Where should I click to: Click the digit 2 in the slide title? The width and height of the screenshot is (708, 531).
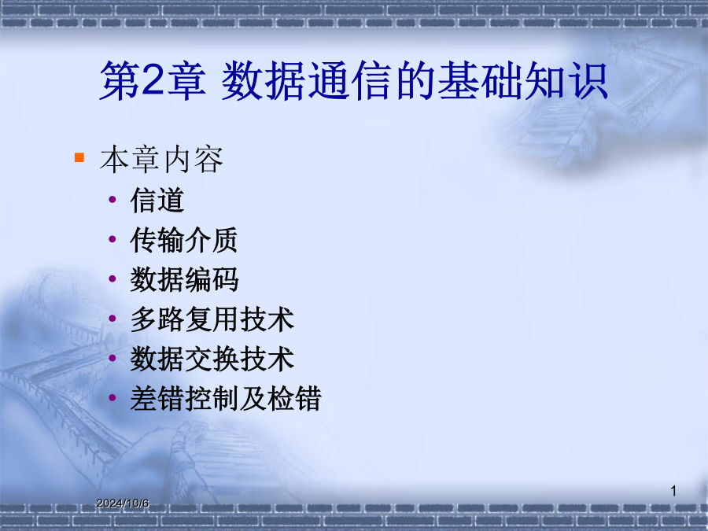pos(152,80)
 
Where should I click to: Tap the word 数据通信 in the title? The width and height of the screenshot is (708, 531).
pos(306,81)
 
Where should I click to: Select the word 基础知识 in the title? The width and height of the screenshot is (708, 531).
pos(523,81)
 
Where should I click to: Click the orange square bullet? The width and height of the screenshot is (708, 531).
pos(79,157)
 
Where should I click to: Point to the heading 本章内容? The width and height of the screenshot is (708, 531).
pos(161,160)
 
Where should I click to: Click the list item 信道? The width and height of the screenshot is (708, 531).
pos(157,200)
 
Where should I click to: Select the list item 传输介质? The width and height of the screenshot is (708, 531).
pos(184,240)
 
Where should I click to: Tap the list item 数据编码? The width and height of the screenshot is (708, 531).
pos(184,279)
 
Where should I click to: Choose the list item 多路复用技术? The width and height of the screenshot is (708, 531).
pos(212,319)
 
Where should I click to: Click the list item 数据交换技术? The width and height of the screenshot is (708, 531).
pos(212,359)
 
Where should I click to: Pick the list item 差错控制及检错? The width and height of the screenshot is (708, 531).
pos(226,399)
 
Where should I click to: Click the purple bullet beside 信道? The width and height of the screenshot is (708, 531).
pos(112,199)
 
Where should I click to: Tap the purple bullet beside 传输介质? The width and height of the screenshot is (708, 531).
pos(112,239)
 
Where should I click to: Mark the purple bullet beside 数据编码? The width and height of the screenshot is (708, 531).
pos(112,278)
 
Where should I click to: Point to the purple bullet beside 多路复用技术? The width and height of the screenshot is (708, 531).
pos(112,319)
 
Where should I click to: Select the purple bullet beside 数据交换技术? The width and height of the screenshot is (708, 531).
pos(112,358)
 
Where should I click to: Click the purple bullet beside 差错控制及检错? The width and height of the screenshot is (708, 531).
pos(112,398)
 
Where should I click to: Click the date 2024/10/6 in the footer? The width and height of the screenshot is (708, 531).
pos(123,503)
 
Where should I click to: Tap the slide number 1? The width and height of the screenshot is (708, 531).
pos(673,491)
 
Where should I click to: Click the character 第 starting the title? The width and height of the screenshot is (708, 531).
pos(120,81)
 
